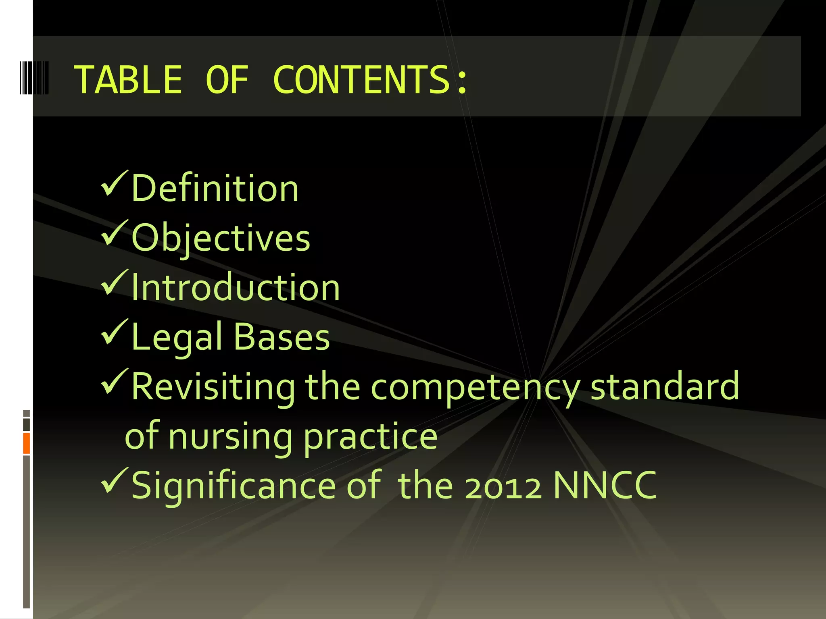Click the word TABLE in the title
click(x=128, y=80)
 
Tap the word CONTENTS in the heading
click(x=370, y=80)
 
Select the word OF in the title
click(x=227, y=80)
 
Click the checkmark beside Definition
click(x=114, y=183)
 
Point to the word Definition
click(x=215, y=188)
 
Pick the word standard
click(x=665, y=386)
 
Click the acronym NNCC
click(x=605, y=486)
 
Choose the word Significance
click(x=233, y=486)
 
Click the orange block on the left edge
click(x=27, y=443)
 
